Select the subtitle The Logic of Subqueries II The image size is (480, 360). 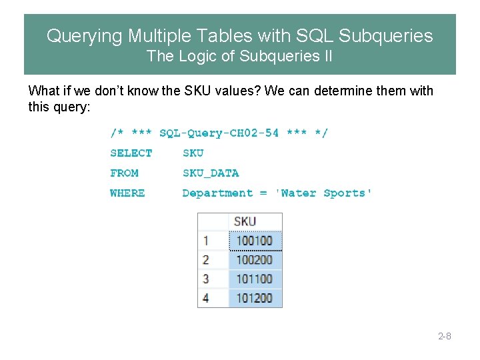pos(239,57)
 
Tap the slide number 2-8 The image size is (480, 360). pos(445,336)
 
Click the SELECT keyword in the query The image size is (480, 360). pos(131,153)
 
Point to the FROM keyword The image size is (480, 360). pos(125,173)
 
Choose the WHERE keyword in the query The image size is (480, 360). pos(127,193)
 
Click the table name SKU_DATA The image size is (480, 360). pos(211,173)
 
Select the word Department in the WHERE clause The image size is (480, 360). pos(217,193)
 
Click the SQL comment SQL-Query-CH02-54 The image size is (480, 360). pos(219,133)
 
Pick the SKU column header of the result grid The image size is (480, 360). pos(245,221)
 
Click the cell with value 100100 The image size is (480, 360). pos(255,241)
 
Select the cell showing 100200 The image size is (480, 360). pos(255,260)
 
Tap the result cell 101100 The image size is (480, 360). pos(255,279)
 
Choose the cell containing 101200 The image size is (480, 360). pos(255,298)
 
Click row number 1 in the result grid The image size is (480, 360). pos(206,241)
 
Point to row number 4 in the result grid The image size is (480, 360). pos(206,298)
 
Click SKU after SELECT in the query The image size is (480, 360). pos(193,153)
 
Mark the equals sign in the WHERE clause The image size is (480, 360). pos(263,193)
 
